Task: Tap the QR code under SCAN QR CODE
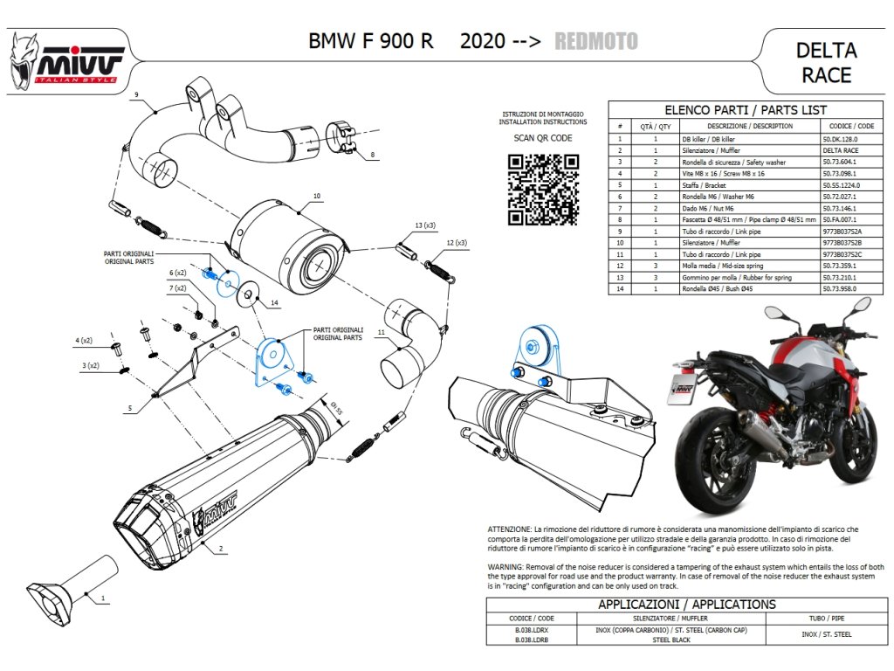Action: pyautogui.click(x=543, y=188)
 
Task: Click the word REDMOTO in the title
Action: pyautogui.click(x=595, y=41)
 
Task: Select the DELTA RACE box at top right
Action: pyautogui.click(x=826, y=62)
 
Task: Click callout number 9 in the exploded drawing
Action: pyautogui.click(x=137, y=93)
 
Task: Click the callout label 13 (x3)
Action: pyautogui.click(x=425, y=225)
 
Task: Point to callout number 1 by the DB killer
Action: pyautogui.click(x=103, y=598)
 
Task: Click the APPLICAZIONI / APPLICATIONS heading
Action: pyautogui.click(x=686, y=605)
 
